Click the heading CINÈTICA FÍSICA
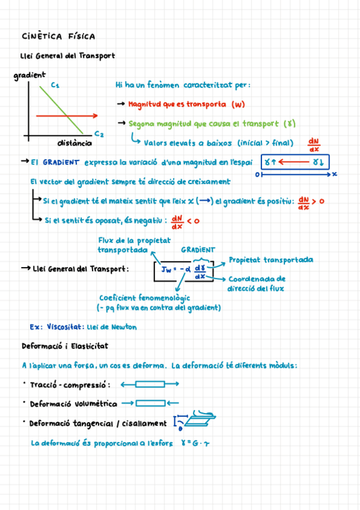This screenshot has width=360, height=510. [58, 37]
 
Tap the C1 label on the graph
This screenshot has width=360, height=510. [55, 85]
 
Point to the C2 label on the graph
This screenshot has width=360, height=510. [99, 134]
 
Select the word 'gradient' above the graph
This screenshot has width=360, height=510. [29, 75]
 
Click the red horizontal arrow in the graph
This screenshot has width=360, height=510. [66, 115]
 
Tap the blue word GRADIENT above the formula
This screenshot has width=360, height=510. [198, 250]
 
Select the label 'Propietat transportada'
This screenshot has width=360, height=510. [270, 260]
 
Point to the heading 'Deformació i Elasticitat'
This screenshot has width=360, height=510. [64, 346]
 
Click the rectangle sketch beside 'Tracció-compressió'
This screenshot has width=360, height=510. [150, 384]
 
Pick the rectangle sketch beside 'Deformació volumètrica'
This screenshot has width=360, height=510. [150, 403]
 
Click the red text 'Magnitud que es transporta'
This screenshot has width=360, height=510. [178, 104]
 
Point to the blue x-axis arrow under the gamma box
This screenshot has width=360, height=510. [294, 174]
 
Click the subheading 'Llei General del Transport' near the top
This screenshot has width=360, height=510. [67, 56]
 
